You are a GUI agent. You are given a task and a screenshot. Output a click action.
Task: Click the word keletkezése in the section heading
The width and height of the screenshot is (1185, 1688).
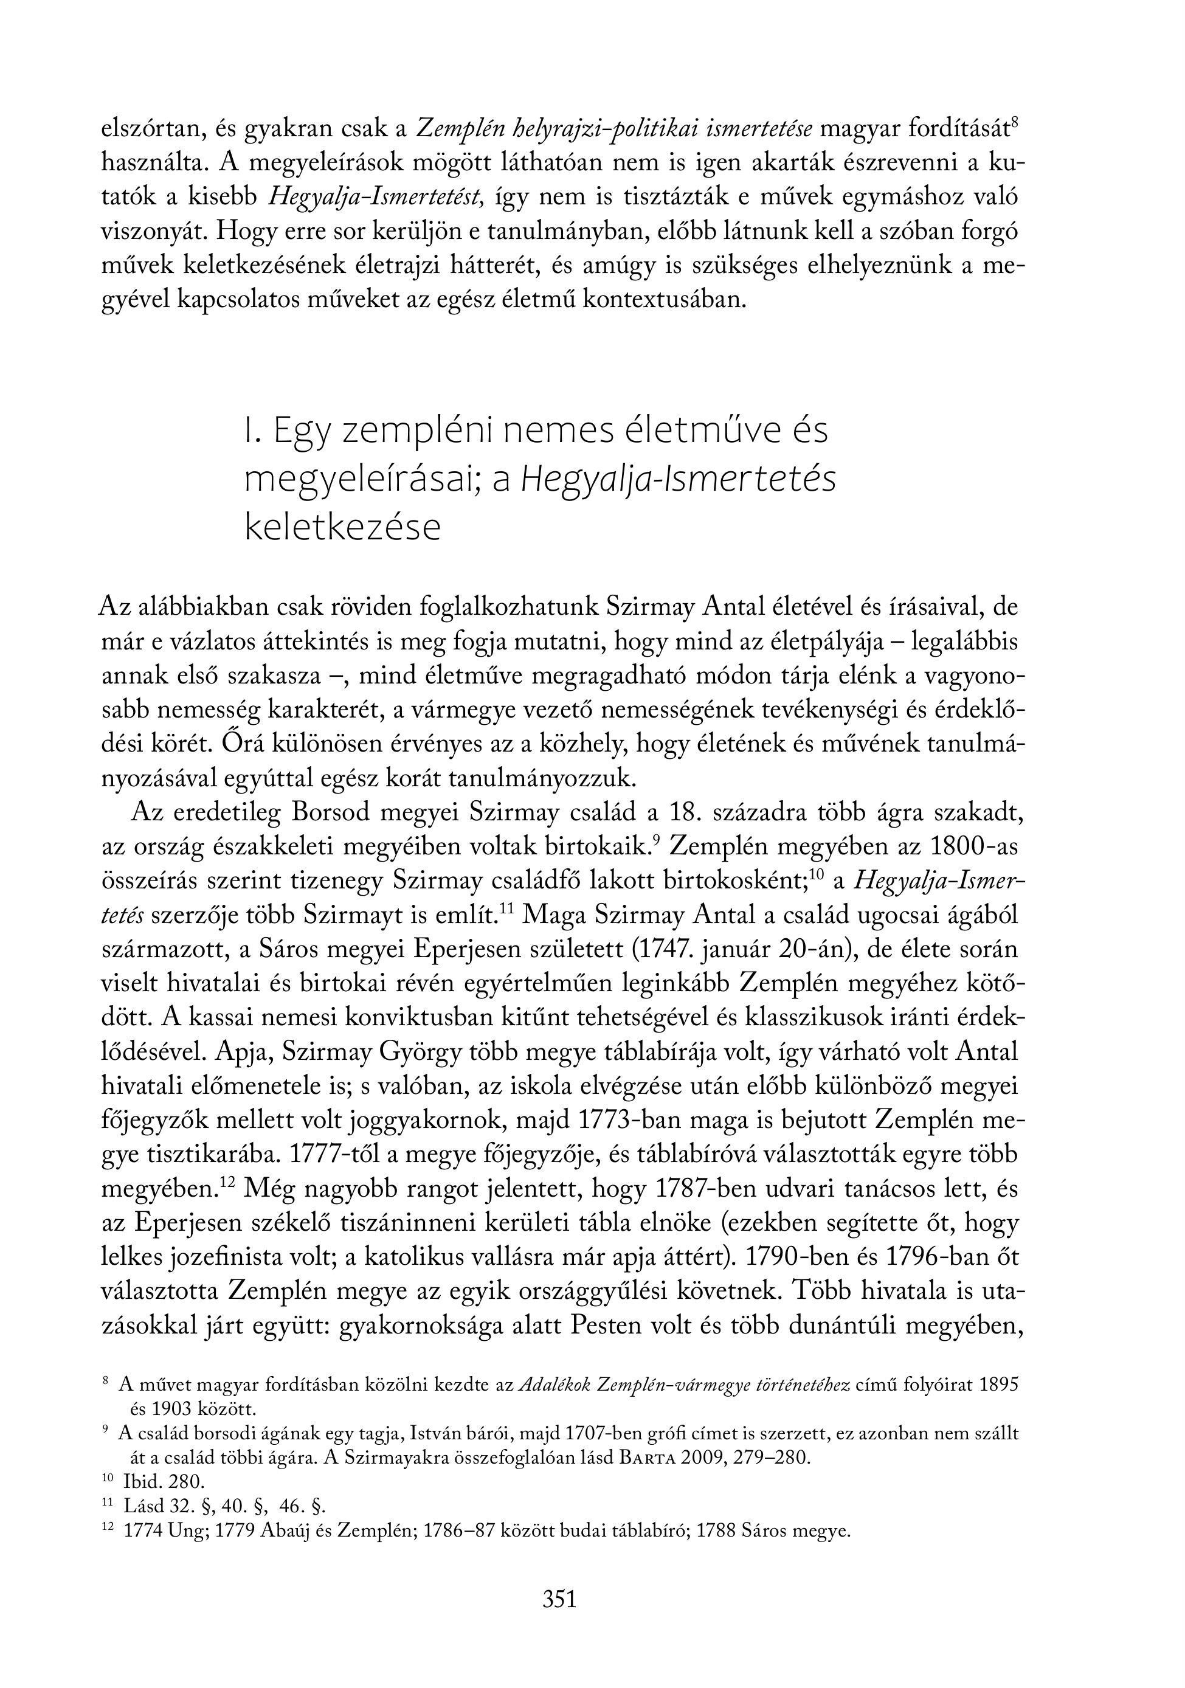tap(342, 528)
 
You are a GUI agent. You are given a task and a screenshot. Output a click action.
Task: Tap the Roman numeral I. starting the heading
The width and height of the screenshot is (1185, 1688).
tap(252, 431)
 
